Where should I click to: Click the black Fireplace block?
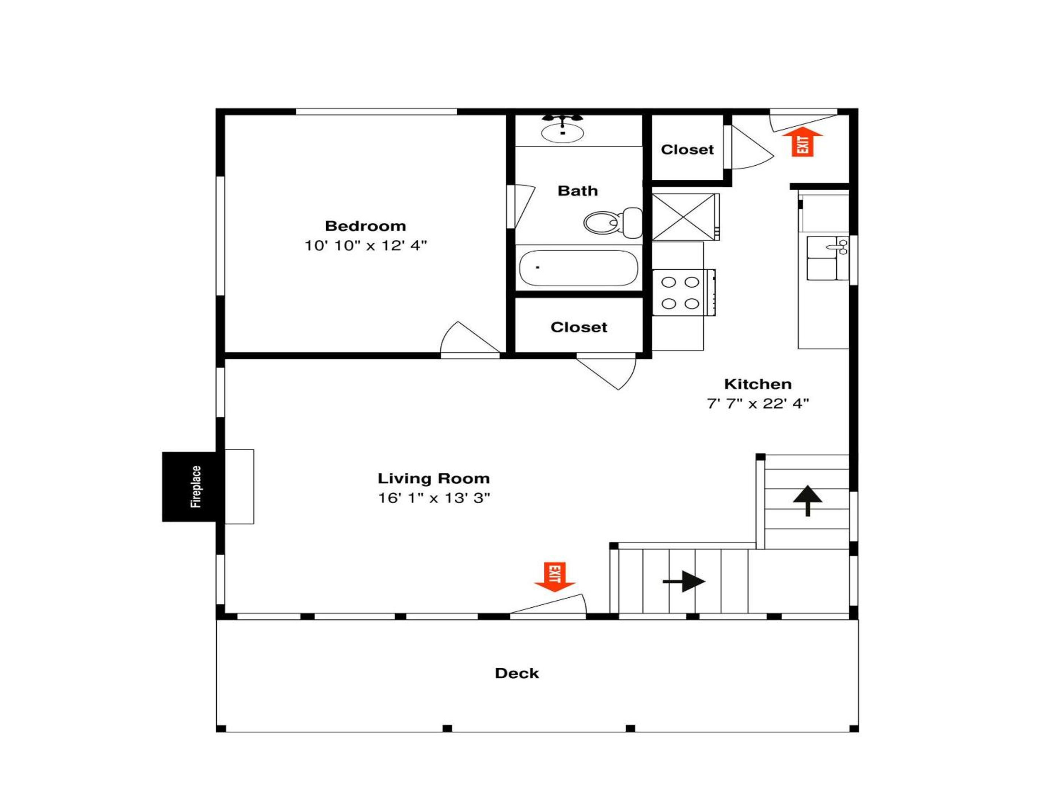(x=193, y=486)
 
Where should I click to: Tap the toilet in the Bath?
(x=613, y=222)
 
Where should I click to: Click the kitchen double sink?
(x=828, y=258)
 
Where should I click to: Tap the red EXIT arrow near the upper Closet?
(x=802, y=142)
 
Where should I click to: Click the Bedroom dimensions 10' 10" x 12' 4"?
(x=366, y=245)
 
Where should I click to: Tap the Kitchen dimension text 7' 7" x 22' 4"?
(x=758, y=404)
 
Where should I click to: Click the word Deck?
(x=517, y=673)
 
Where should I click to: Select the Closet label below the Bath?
(x=579, y=327)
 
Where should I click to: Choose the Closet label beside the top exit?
(x=687, y=149)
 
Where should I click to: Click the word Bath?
(x=578, y=191)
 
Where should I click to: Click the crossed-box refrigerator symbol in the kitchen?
(x=685, y=217)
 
